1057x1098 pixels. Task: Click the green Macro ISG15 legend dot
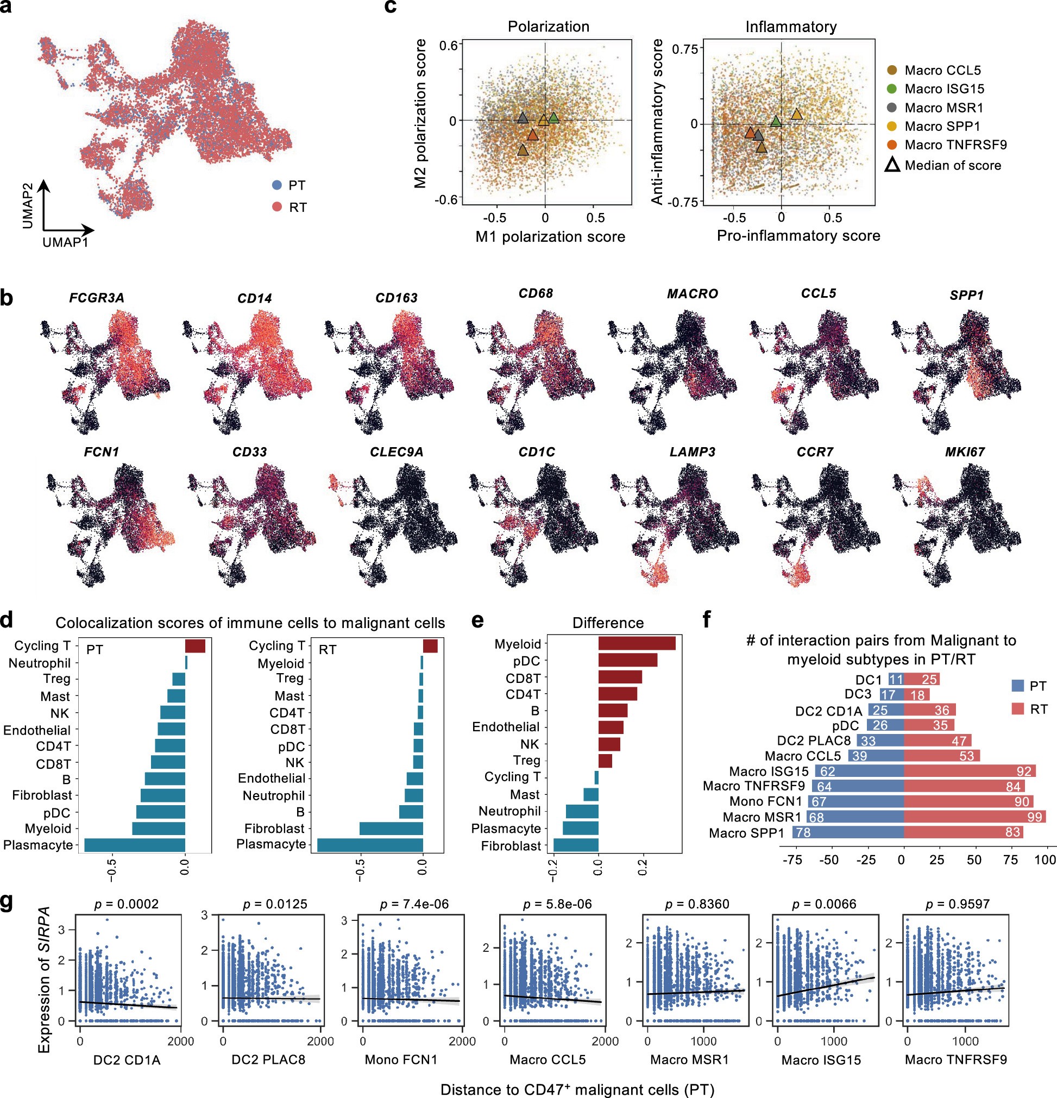[x=892, y=89]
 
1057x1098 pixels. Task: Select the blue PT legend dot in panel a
[x=276, y=185]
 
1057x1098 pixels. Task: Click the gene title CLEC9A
[x=397, y=451]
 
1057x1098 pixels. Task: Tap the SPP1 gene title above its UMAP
[x=966, y=295]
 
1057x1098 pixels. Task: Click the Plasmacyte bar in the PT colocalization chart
[x=135, y=845]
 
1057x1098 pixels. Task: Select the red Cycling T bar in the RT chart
[x=430, y=646]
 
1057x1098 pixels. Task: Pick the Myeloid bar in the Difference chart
[x=637, y=643]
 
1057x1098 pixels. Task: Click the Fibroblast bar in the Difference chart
[x=576, y=845]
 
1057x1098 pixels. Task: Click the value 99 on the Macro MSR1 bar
[x=1034, y=817]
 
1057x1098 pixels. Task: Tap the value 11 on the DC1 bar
[x=896, y=680]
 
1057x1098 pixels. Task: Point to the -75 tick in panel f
[x=791, y=860]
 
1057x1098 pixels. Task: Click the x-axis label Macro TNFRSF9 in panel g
[x=955, y=1059]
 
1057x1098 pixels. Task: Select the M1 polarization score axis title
[x=550, y=237]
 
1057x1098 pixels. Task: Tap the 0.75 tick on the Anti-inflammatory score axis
[x=685, y=49]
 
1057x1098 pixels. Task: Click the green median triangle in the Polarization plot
[x=553, y=118]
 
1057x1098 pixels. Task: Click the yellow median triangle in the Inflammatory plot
[x=796, y=115]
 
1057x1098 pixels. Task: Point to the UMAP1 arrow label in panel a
[x=65, y=242]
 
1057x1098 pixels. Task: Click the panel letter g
[x=7, y=903]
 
